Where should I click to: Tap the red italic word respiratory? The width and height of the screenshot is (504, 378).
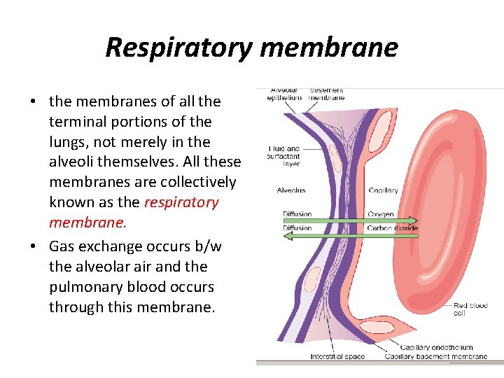click(181, 202)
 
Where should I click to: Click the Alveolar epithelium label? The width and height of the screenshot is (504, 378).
click(284, 94)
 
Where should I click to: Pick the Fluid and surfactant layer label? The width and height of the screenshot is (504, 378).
click(283, 156)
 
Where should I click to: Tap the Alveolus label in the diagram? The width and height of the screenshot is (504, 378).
click(290, 190)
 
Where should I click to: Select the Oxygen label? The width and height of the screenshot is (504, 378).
click(380, 214)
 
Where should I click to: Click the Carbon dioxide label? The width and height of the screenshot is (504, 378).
click(392, 228)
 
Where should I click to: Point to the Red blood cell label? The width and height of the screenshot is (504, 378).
click(470, 309)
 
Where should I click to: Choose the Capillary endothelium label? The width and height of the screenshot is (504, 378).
click(436, 347)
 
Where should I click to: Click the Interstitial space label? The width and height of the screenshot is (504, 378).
click(337, 357)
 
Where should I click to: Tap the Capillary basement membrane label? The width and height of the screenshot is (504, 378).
click(435, 357)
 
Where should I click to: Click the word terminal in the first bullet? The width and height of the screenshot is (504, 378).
click(77, 122)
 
